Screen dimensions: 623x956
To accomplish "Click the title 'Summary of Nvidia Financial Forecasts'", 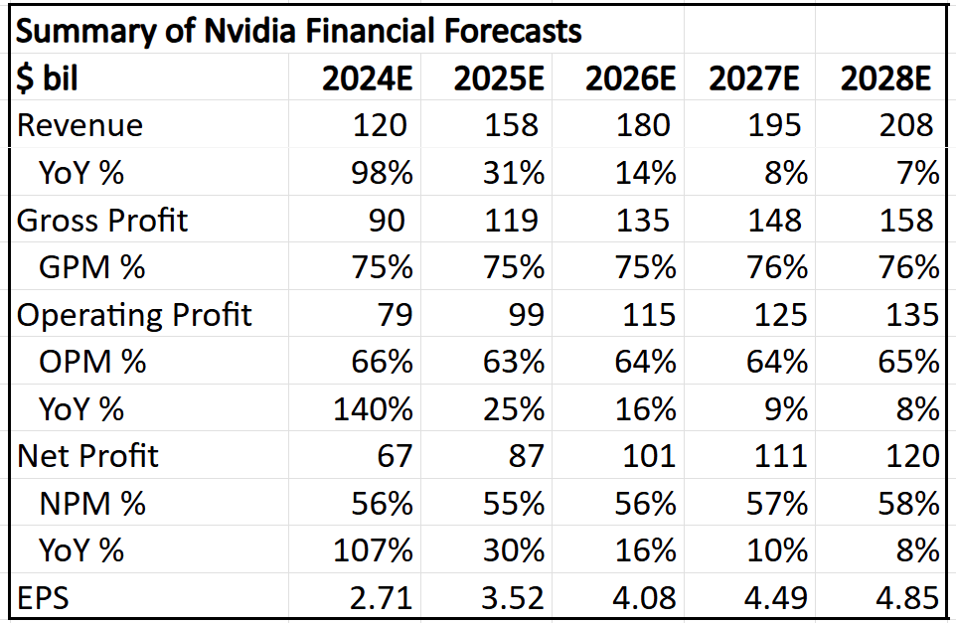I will click(x=298, y=31).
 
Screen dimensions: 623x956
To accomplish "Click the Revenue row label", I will click(x=80, y=126).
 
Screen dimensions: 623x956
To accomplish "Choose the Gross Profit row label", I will click(x=102, y=221).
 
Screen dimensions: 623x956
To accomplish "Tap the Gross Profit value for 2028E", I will click(x=906, y=221).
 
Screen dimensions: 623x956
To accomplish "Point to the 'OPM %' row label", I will click(x=92, y=362).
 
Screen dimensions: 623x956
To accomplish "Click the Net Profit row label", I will click(x=88, y=456).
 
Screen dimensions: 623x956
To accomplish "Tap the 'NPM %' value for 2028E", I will click(x=906, y=504).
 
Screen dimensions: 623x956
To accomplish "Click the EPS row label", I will click(x=43, y=598).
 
